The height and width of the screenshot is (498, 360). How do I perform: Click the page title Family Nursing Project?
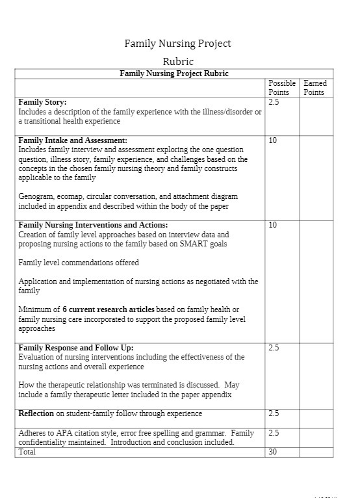click(x=177, y=44)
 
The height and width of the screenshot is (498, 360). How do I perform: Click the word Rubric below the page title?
click(x=177, y=62)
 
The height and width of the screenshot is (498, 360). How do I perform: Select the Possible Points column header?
click(x=282, y=88)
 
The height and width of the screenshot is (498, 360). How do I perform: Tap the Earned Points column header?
click(x=315, y=88)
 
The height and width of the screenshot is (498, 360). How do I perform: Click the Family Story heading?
click(x=42, y=103)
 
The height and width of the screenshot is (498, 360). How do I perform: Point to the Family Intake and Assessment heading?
click(x=73, y=140)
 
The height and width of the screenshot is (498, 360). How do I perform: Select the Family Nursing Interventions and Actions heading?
click(x=93, y=225)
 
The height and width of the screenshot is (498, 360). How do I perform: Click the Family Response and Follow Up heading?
click(x=76, y=348)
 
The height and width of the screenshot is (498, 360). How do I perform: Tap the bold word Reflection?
click(x=36, y=413)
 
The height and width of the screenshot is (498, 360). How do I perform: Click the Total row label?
click(x=27, y=452)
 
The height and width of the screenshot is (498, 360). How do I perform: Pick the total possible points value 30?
click(x=273, y=452)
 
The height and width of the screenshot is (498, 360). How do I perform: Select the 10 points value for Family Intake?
click(x=273, y=140)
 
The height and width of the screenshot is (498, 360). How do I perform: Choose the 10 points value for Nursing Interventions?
click(x=273, y=225)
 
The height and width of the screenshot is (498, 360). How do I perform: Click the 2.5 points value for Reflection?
click(x=274, y=413)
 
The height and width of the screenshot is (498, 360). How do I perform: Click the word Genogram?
click(x=35, y=196)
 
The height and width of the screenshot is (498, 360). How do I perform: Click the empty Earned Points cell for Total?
click(x=316, y=452)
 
